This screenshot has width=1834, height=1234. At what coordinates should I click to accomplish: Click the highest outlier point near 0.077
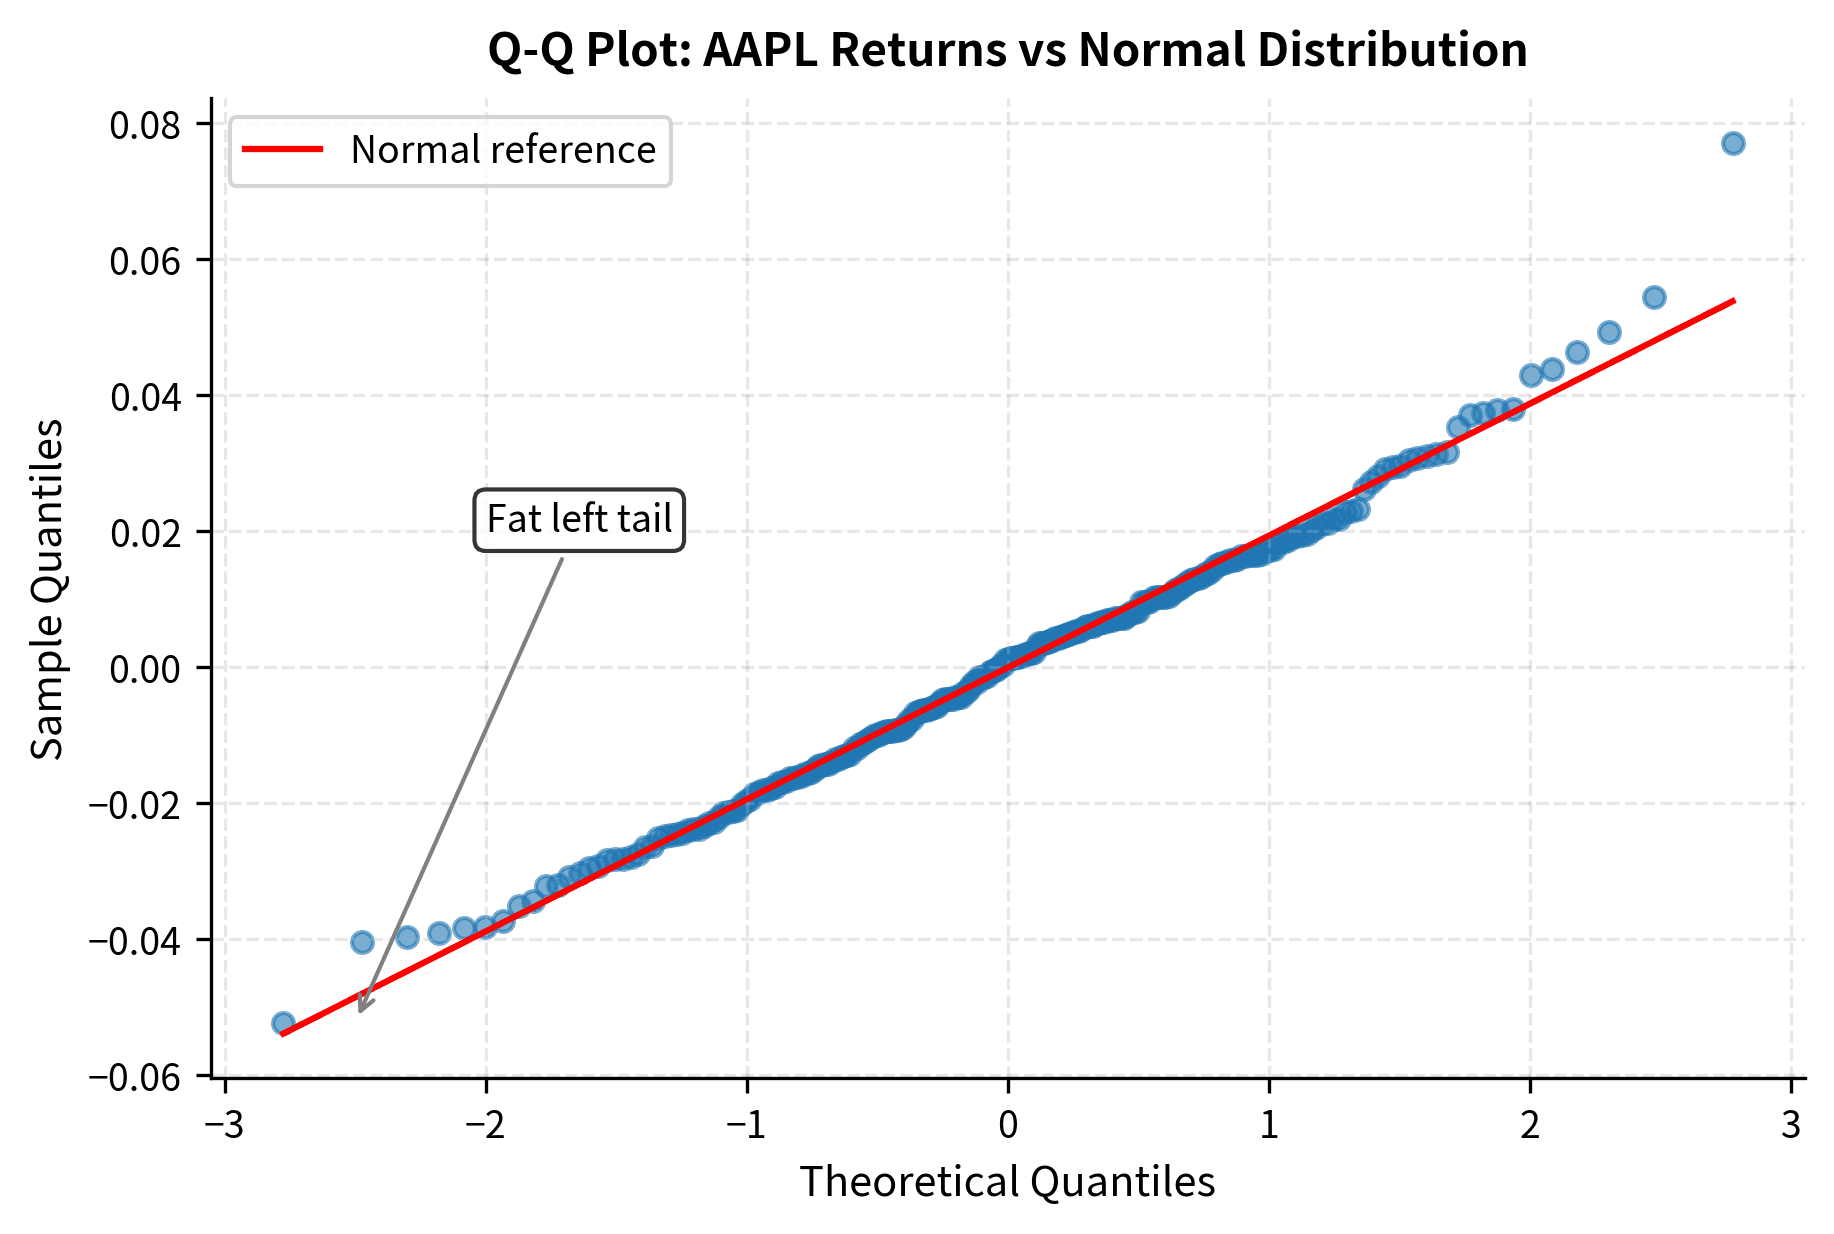pyautogui.click(x=1733, y=143)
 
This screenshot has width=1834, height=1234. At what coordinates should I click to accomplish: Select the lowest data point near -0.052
pyautogui.click(x=283, y=1023)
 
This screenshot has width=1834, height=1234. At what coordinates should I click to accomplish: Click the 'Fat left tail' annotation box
pyautogui.click(x=579, y=519)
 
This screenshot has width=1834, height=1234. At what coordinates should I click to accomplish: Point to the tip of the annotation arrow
pyautogui.click(x=360, y=1011)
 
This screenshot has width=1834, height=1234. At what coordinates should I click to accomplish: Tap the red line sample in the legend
pyautogui.click(x=283, y=150)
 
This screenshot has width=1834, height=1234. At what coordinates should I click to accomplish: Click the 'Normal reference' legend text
pyautogui.click(x=503, y=150)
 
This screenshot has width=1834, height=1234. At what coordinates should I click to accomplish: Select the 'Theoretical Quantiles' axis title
pyautogui.click(x=1007, y=1181)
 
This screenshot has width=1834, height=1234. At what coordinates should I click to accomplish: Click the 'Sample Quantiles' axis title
pyautogui.click(x=47, y=589)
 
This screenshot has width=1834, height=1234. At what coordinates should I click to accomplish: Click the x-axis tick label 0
pyautogui.click(x=1008, y=1125)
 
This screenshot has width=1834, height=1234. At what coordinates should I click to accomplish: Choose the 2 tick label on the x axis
pyautogui.click(x=1530, y=1125)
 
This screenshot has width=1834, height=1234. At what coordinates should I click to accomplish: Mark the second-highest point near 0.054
pyautogui.click(x=1654, y=297)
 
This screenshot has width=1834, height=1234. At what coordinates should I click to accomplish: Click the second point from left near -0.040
pyautogui.click(x=362, y=942)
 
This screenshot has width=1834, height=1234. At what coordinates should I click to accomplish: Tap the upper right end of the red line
pyautogui.click(x=1734, y=300)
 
